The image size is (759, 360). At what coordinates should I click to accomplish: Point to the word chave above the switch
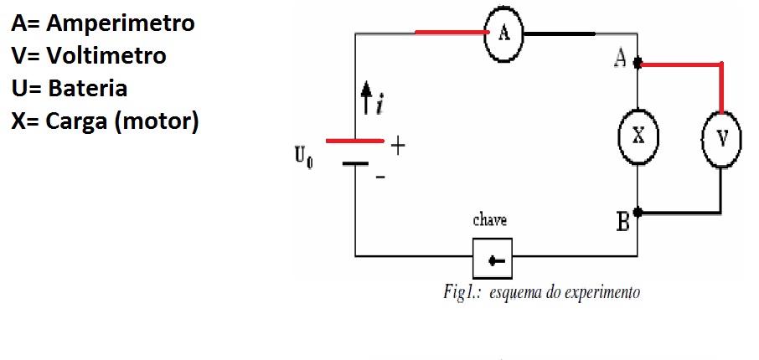point(490,220)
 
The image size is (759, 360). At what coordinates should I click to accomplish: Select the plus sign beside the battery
point(397,146)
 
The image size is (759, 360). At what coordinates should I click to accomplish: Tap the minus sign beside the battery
point(381,177)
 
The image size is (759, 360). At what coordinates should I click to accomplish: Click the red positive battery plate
point(355,141)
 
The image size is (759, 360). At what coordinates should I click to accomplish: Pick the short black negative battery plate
point(355,164)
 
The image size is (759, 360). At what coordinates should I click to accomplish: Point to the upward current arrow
point(367,97)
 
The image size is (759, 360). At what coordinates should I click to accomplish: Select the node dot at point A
point(638,63)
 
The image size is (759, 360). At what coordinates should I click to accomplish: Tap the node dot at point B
point(638,212)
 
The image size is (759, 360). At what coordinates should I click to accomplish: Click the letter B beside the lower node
point(623,222)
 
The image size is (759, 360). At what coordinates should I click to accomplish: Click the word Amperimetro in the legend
point(121,23)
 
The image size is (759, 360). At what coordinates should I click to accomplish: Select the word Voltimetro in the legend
point(106,55)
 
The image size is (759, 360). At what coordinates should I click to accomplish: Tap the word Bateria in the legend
point(88,88)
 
